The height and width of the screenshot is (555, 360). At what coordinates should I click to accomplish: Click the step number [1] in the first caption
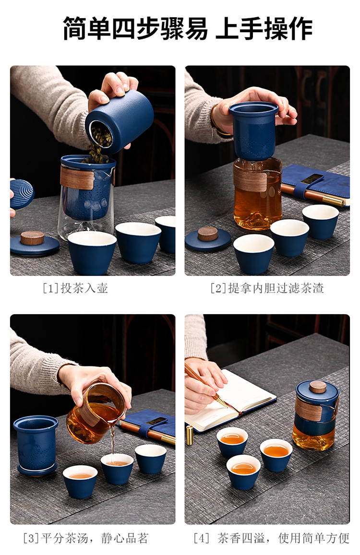(x=50, y=288)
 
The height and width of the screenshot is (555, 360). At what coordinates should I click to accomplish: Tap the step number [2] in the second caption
(x=218, y=288)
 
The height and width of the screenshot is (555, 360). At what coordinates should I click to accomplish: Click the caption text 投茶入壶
(x=84, y=288)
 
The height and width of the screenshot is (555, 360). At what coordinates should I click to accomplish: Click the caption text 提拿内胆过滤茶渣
(x=276, y=288)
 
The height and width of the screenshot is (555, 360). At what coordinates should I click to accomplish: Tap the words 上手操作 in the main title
(x=264, y=28)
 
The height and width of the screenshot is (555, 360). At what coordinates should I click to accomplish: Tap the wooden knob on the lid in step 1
(x=32, y=238)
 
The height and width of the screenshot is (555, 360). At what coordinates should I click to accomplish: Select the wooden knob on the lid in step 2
(x=208, y=234)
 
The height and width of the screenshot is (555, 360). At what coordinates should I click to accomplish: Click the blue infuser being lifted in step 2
(x=253, y=131)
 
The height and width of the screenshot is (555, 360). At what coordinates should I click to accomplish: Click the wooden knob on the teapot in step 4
(x=317, y=387)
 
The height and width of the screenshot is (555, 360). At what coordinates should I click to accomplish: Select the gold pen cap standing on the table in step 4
(x=190, y=435)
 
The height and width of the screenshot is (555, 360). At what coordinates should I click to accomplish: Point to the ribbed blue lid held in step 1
(x=21, y=193)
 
